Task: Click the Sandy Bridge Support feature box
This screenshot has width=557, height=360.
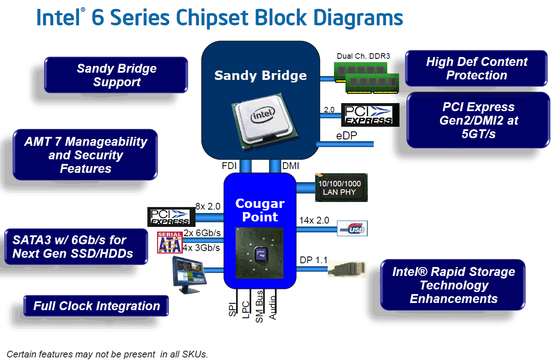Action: (x=116, y=75)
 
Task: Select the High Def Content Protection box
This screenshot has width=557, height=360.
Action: (x=476, y=68)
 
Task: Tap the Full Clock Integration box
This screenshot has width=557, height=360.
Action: (x=96, y=306)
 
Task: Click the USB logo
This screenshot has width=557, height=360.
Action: (x=352, y=228)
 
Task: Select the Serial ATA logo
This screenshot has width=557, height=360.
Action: (x=169, y=242)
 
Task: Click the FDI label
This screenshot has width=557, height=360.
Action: (x=229, y=166)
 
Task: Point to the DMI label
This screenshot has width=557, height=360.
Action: (x=291, y=166)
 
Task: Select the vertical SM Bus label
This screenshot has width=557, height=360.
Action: (x=259, y=306)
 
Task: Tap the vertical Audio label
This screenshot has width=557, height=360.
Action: (x=272, y=305)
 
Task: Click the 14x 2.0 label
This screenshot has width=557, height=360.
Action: (x=314, y=220)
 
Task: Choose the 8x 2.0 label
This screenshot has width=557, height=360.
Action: (x=208, y=206)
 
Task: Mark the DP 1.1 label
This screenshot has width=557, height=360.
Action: (x=313, y=260)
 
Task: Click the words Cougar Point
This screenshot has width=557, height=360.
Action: (x=260, y=210)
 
